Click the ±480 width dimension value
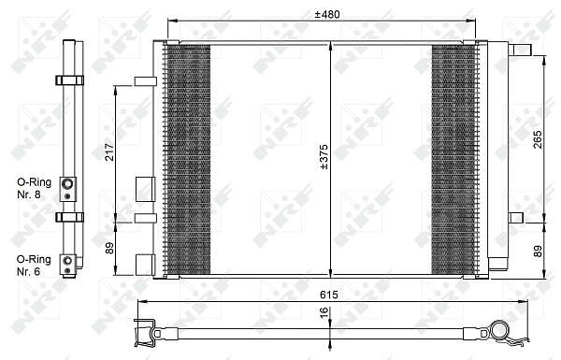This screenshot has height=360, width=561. click(327, 14)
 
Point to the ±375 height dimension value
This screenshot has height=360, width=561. click(324, 157)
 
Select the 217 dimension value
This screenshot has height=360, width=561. click(109, 151)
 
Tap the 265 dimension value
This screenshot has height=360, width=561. click(538, 139)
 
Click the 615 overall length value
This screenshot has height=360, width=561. click(329, 295)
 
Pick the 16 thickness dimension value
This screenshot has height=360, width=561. click(324, 311)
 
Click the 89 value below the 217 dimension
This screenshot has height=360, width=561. click(109, 248)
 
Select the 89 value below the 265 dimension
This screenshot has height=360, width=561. click(538, 251)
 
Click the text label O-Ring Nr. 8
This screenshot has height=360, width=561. click(34, 188)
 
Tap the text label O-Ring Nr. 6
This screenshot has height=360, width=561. click(34, 266)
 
